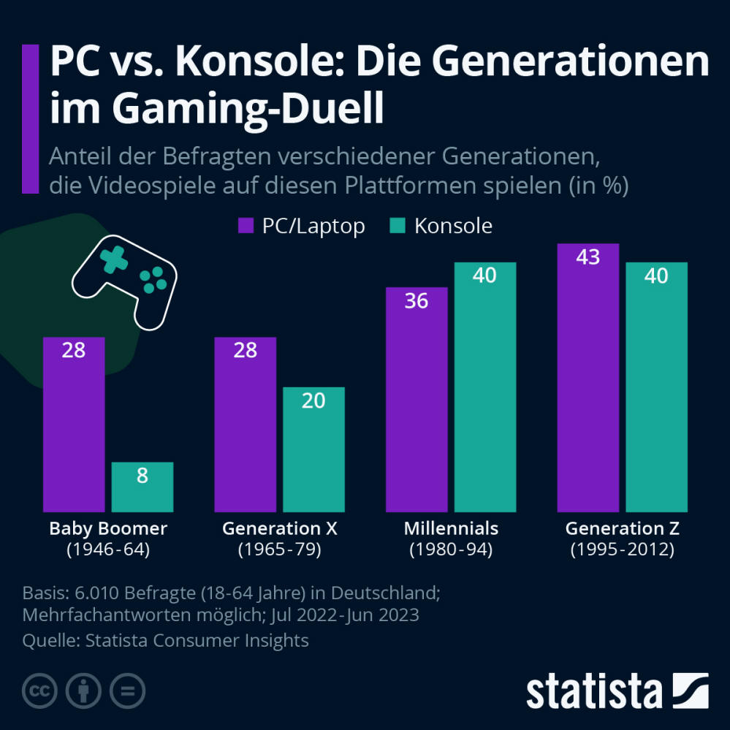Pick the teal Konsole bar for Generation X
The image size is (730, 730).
[x=313, y=449]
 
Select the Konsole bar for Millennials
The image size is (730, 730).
[x=485, y=387]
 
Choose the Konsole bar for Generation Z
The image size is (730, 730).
[x=656, y=387]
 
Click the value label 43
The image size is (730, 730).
[x=588, y=257]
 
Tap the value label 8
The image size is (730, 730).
[x=142, y=476]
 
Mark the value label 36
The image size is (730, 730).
[x=417, y=300]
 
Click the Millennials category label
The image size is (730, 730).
[x=451, y=528]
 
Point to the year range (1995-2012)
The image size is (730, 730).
[x=622, y=550]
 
